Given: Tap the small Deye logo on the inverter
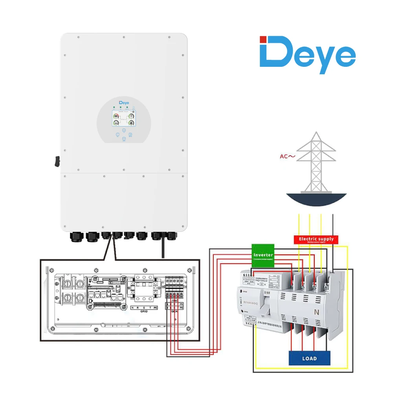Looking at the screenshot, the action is pos(124,103).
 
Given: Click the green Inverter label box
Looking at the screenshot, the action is pos(263,255).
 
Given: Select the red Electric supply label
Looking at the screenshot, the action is pos(316,239).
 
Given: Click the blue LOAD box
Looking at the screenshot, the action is pos(309,358).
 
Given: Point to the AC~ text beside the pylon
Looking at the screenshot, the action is pos(287,156).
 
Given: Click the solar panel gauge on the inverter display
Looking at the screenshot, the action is pos(117,116).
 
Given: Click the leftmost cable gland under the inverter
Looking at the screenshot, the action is pos(76,237).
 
